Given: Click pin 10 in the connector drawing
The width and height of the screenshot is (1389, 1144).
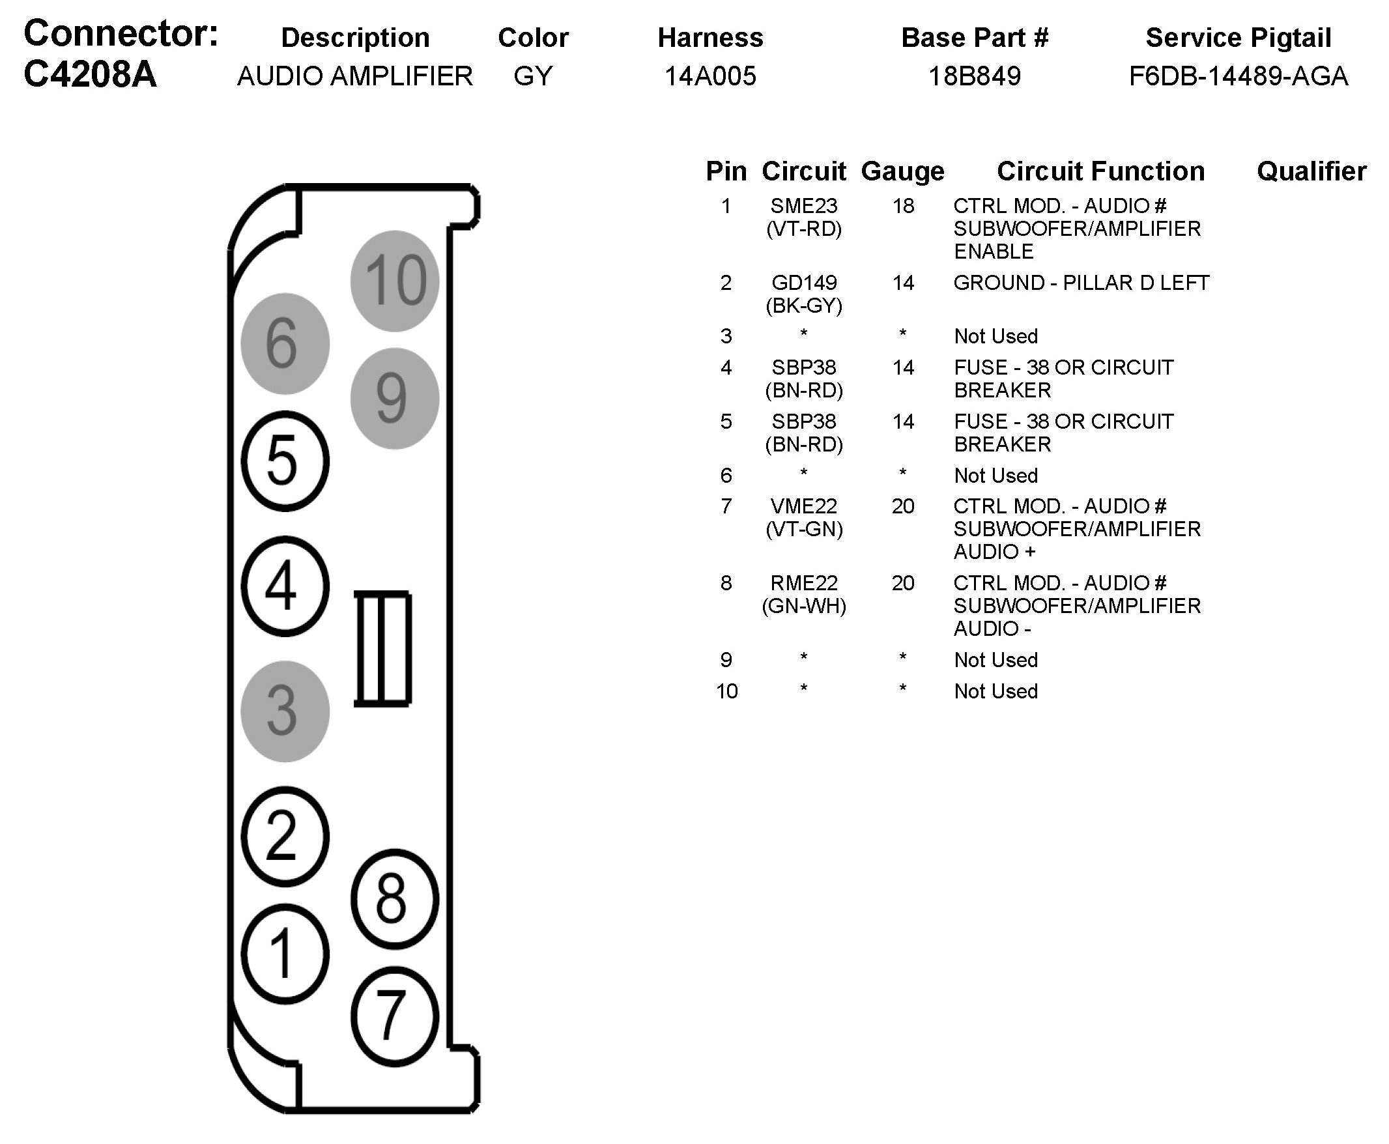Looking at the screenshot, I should coord(395,281).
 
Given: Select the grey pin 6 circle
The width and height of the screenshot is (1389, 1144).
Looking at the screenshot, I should coord(285,343).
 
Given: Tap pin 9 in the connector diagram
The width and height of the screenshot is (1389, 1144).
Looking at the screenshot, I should coord(395,399).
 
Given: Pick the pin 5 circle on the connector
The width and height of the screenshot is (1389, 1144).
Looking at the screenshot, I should coord(285,461).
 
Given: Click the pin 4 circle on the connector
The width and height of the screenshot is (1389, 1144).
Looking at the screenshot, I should coord(285,586).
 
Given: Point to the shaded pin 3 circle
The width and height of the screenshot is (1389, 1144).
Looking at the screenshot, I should coord(285,711).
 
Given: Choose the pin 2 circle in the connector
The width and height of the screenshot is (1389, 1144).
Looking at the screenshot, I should coord(285,837).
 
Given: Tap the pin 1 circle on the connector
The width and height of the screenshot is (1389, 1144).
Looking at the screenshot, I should coord(285,954).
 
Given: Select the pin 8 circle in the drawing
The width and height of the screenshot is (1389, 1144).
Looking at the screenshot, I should coord(395,899).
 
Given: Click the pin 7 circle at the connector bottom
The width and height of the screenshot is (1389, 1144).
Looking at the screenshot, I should coord(395,1016).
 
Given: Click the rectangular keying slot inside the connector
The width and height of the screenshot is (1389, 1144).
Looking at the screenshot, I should coord(383,648).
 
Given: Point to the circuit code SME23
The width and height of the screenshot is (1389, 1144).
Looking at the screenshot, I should coord(804,207).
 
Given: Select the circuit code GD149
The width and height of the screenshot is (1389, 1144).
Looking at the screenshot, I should coord(804,283).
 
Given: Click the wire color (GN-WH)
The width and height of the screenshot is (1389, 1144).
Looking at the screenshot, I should coord(804,606).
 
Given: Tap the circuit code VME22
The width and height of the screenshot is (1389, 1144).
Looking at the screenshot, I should coord(804,506).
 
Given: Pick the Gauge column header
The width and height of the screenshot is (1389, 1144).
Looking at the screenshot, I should coord(903,171).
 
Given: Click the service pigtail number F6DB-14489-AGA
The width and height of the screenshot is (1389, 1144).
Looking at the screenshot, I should coord(1238,76).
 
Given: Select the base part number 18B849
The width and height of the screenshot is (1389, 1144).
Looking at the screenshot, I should coord(975,76).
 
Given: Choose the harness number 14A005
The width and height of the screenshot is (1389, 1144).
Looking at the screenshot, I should coord(710,76).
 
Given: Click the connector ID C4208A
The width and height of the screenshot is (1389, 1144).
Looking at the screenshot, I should coord(91,74).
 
